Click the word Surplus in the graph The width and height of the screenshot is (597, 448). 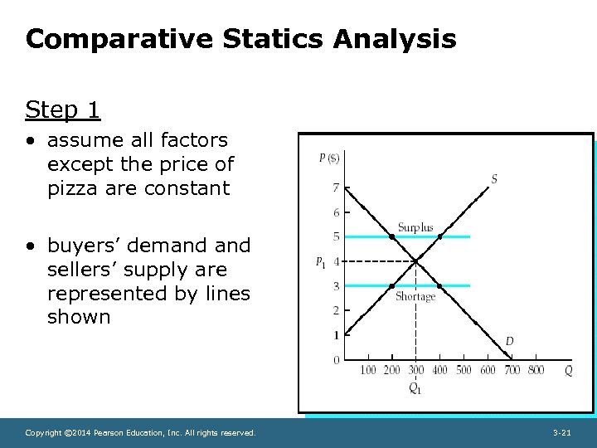(x=415, y=227)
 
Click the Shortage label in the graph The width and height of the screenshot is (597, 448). (x=415, y=297)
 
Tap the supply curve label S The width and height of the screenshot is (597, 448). (x=494, y=179)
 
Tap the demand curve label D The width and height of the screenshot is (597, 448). (x=509, y=341)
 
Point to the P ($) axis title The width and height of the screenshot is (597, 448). (x=329, y=158)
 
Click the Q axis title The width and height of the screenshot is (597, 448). (x=568, y=371)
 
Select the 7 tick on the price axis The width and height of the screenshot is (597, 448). (x=336, y=187)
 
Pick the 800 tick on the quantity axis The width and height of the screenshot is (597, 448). (x=536, y=370)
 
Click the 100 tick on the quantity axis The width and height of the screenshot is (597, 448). (x=367, y=370)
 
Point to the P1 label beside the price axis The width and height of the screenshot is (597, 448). (x=320, y=262)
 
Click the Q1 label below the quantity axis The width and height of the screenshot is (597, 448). (x=415, y=388)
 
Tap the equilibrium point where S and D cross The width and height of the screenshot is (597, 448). (x=416, y=261)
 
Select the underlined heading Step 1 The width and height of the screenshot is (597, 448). (x=63, y=110)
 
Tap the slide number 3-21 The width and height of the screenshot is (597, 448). (x=561, y=433)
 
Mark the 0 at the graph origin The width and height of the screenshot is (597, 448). (x=336, y=360)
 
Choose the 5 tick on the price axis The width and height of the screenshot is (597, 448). (x=336, y=237)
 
